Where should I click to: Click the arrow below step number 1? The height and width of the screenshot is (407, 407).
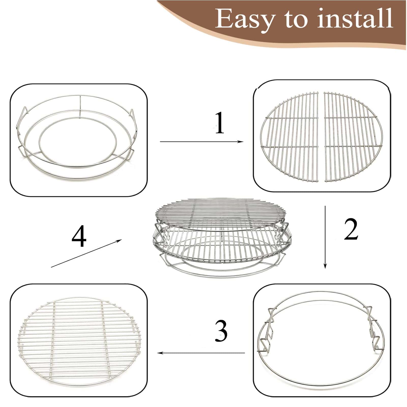[202, 142]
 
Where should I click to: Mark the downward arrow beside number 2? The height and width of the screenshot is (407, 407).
[325, 237]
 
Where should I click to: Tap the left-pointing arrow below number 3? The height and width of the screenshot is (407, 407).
[201, 353]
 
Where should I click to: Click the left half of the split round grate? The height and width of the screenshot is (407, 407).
[290, 137]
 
